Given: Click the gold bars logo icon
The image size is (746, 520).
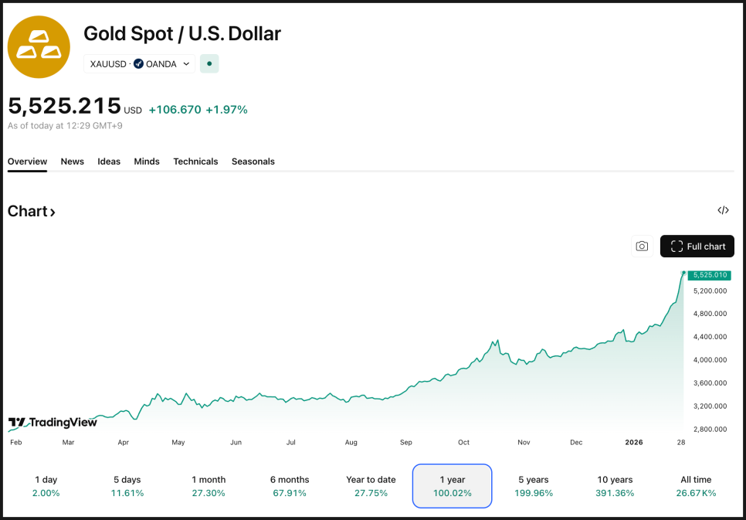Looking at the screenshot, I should [x=39, y=46].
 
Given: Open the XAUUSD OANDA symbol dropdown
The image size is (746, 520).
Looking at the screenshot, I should [x=140, y=64].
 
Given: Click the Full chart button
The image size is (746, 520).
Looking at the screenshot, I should [x=697, y=246].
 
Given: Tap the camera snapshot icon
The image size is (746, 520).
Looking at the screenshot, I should [x=642, y=246].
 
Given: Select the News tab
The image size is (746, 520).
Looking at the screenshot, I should [x=73, y=161].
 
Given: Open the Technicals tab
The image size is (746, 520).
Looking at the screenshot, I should [x=195, y=161].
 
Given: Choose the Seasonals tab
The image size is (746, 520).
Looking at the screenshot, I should [x=253, y=161].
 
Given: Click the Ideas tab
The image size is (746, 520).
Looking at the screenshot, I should [x=109, y=161].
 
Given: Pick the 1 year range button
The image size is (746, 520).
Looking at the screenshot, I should [x=452, y=486].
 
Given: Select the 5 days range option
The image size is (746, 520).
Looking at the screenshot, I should [x=127, y=486].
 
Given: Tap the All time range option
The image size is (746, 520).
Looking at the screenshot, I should [x=696, y=486].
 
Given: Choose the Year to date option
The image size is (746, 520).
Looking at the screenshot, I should [x=371, y=486].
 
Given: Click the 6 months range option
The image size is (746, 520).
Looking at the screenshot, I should [x=290, y=486].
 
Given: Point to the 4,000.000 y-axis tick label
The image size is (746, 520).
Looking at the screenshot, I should [x=710, y=360].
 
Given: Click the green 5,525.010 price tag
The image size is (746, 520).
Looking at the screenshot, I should [x=710, y=275].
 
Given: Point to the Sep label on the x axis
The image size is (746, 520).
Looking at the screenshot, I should [x=406, y=443].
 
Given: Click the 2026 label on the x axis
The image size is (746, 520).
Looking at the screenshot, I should [x=633, y=443].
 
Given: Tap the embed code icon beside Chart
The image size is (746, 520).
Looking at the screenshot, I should [x=723, y=210].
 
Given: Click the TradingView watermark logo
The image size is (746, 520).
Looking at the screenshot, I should [x=53, y=423].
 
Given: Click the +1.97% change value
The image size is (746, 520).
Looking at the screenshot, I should [x=226, y=110].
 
